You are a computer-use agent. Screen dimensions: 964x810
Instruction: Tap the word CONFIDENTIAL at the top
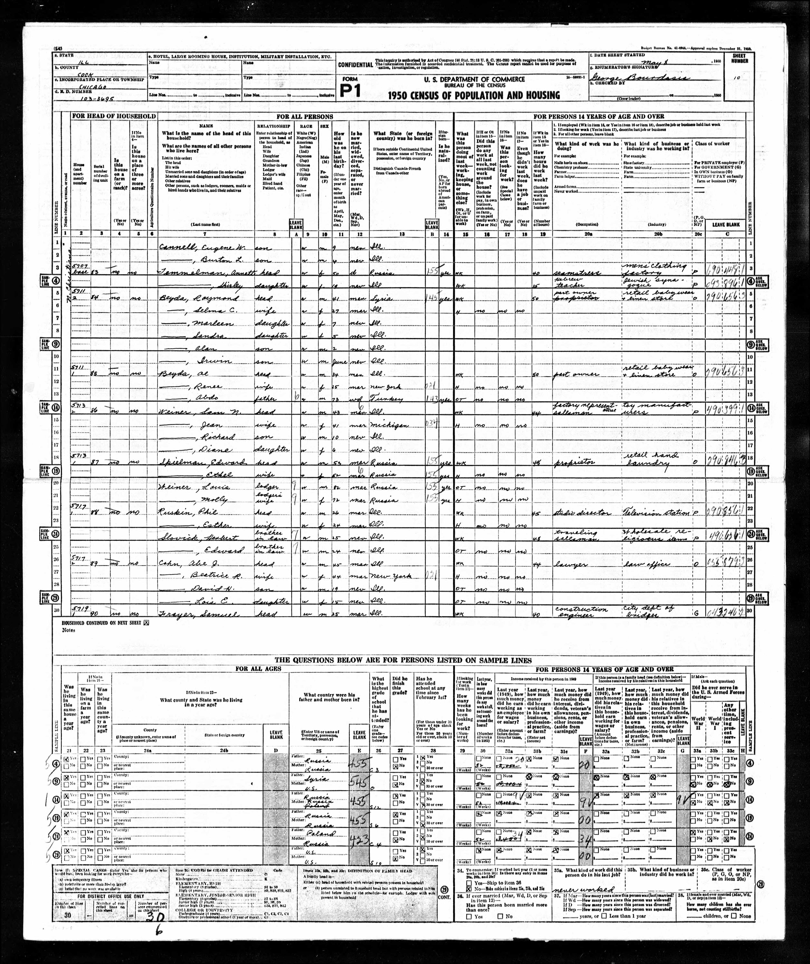click(x=355, y=65)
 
